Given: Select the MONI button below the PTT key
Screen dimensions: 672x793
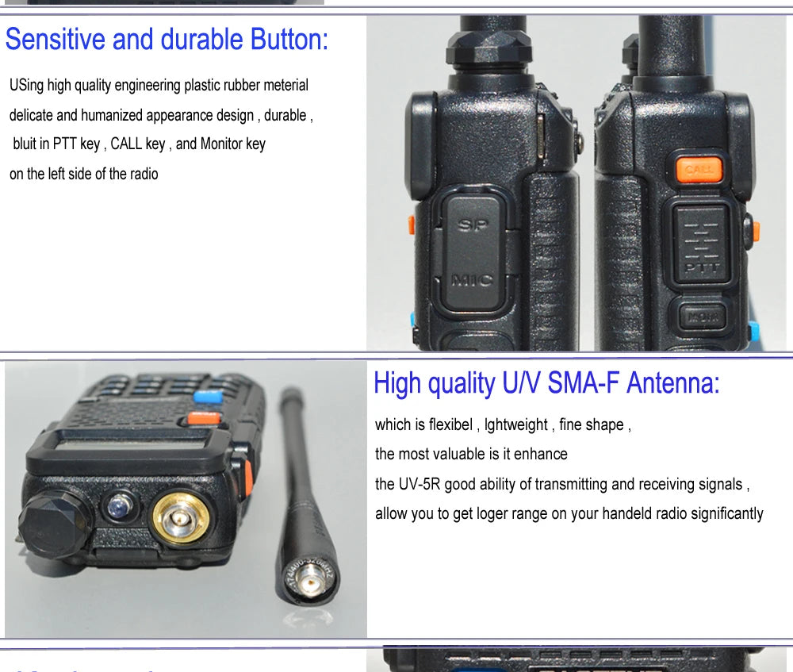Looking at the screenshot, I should tap(701, 317).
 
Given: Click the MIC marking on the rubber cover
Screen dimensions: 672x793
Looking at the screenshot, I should tap(471, 279).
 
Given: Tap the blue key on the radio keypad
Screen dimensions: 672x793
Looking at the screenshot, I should tap(208, 397).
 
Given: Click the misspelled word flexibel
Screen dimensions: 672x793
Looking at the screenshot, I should tap(451, 424).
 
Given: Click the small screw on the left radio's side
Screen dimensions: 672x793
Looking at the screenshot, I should tap(579, 142).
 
